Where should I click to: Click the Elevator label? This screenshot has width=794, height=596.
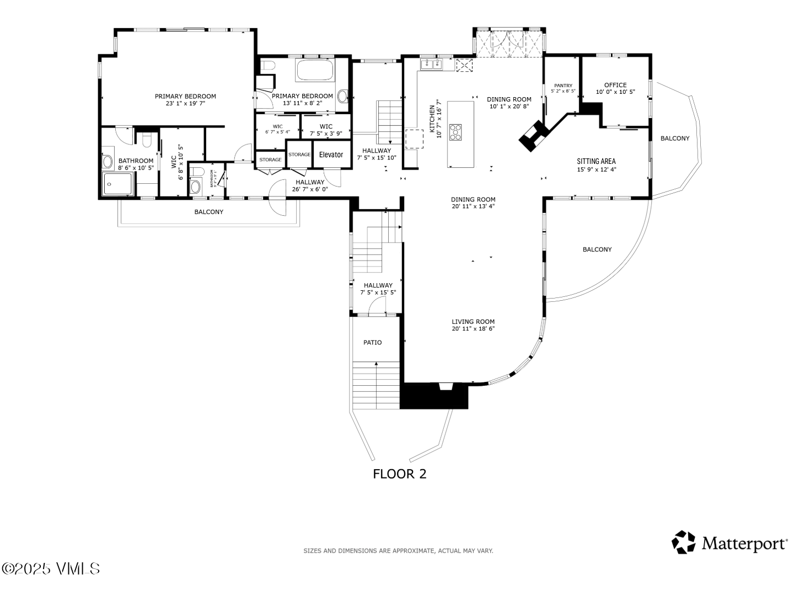pyautogui.click(x=331, y=155)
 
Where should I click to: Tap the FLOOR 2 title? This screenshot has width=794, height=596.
pyautogui.click(x=399, y=473)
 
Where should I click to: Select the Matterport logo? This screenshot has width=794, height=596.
pyautogui.click(x=729, y=543)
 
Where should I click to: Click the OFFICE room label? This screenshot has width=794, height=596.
pyautogui.click(x=615, y=85)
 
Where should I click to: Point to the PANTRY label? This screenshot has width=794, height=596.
pyautogui.click(x=563, y=86)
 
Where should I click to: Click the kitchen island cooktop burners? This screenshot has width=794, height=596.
pyautogui.click(x=456, y=132)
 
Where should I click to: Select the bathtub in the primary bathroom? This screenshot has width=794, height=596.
pyautogui.click(x=315, y=71)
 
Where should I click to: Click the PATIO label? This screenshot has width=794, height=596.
pyautogui.click(x=372, y=343)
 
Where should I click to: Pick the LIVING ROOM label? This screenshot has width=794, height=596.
pyautogui.click(x=473, y=322)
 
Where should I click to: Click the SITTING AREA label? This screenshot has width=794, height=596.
pyautogui.click(x=596, y=162)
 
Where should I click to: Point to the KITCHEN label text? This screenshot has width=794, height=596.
pyautogui.click(x=432, y=119)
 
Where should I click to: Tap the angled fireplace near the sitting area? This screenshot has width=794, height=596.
pyautogui.click(x=533, y=135)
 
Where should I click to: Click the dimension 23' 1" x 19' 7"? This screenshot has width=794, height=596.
pyautogui.click(x=185, y=103)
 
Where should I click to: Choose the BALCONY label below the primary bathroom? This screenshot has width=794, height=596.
pyautogui.click(x=209, y=212)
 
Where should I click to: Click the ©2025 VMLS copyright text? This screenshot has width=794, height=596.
pyautogui.click(x=51, y=568)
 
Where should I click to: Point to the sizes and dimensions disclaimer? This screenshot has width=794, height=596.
pyautogui.click(x=398, y=551)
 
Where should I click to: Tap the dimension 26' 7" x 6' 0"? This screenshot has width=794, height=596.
pyautogui.click(x=310, y=189)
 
